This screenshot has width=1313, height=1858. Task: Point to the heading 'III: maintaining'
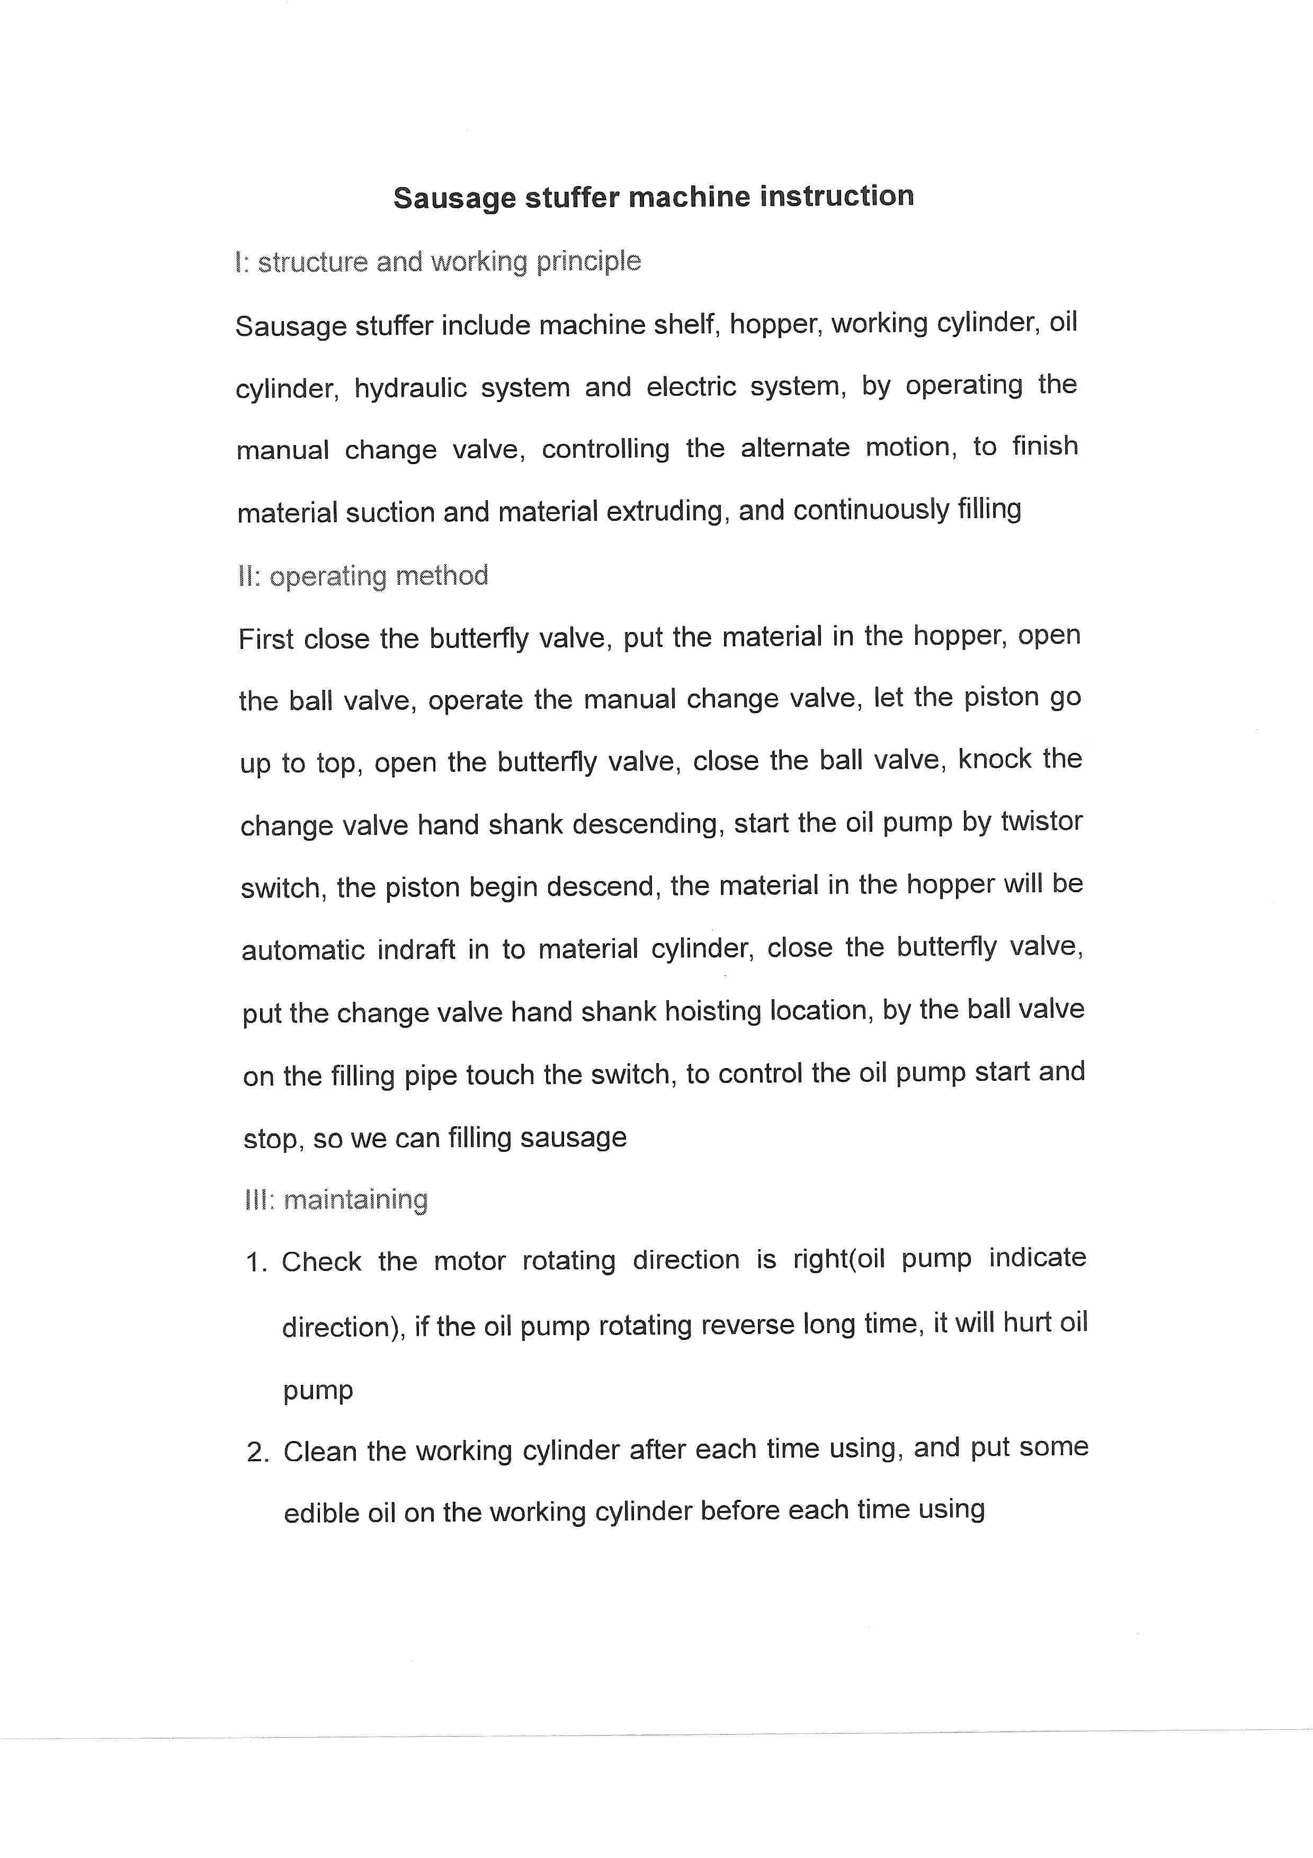(336, 1199)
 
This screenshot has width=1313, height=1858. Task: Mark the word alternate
(795, 448)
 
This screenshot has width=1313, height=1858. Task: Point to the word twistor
(1041, 821)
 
